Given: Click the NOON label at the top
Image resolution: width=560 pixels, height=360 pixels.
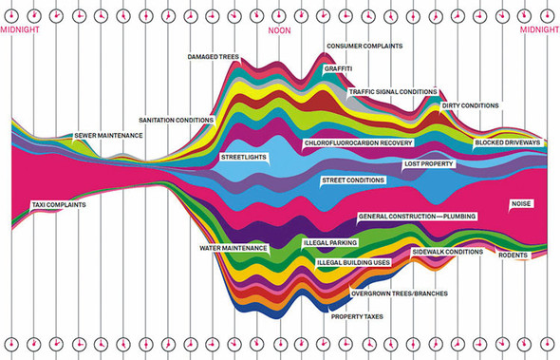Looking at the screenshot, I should (280, 29).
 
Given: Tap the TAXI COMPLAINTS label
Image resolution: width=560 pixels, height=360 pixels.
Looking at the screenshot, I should (59, 205).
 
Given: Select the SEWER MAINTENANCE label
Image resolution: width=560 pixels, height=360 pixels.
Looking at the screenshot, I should (108, 136).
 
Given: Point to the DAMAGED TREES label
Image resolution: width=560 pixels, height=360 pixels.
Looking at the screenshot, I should (215, 58).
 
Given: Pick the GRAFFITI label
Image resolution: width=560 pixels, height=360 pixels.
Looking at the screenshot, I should (340, 68).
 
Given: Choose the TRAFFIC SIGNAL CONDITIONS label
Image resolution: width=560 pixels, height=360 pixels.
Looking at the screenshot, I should (392, 92).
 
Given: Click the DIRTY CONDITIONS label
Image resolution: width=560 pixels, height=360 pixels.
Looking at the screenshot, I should (471, 105).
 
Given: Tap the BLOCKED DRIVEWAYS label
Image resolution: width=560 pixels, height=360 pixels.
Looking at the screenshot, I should (508, 142).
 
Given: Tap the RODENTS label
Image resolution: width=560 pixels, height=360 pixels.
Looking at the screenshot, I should (513, 255).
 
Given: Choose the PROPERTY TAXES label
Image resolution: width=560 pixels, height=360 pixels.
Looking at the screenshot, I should (357, 315).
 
